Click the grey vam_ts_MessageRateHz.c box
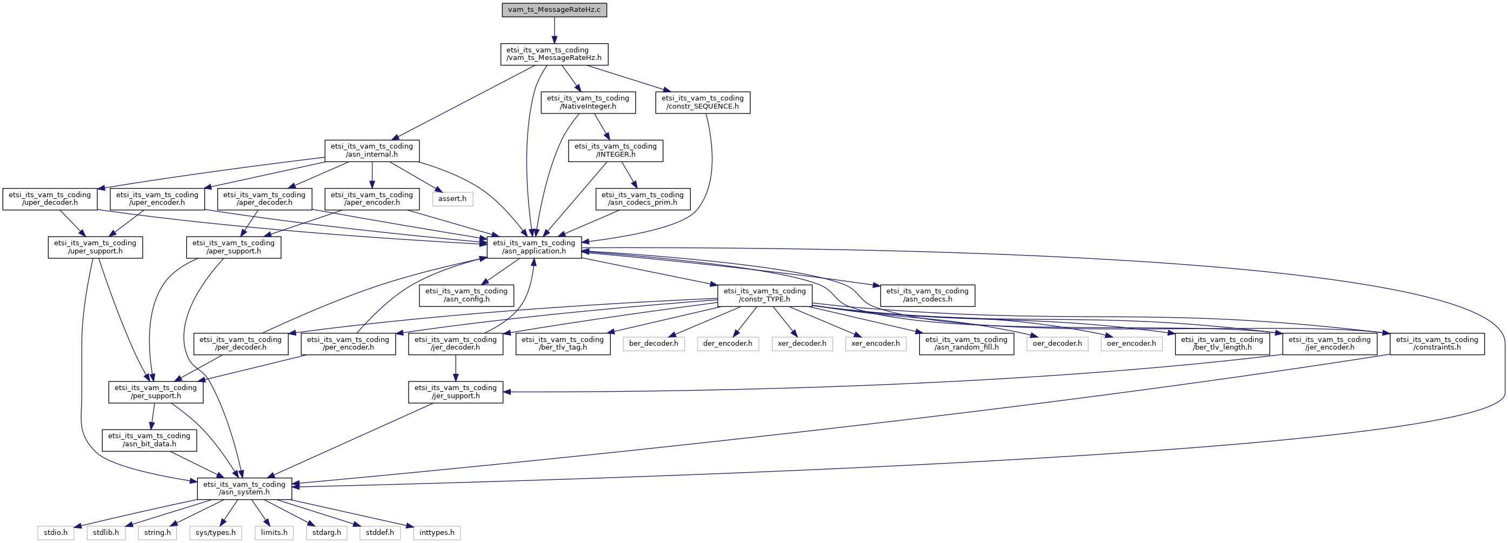[x=554, y=10]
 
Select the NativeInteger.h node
[x=588, y=103]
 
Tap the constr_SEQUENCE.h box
[x=703, y=103]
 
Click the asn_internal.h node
[x=372, y=150]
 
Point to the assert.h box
[x=452, y=199]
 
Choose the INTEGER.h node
[x=615, y=150]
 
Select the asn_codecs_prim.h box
[x=643, y=199]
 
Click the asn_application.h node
[x=535, y=247]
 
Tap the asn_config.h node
[x=466, y=296]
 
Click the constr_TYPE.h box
[x=764, y=296]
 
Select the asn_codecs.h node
[x=928, y=296]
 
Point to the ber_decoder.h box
[x=653, y=344]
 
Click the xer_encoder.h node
[x=876, y=344]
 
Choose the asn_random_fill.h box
[x=966, y=344]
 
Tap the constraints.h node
[x=1437, y=344]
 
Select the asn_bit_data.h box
[x=149, y=440]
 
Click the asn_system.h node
[x=244, y=488]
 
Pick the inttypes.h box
[x=437, y=533]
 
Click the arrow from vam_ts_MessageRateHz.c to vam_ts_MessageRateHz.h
[x=554, y=30]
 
